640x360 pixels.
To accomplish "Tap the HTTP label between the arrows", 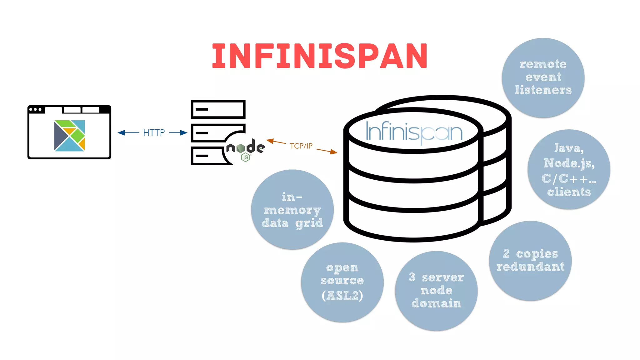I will [x=154, y=132].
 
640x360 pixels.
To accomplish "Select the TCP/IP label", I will [x=301, y=146].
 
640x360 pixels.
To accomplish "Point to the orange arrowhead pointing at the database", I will [x=334, y=152].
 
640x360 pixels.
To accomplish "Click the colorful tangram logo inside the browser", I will [x=69, y=136].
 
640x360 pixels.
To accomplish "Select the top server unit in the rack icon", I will [x=218, y=109].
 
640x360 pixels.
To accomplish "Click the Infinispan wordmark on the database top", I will [x=414, y=132].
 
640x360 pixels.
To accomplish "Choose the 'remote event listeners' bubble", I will [x=543, y=77].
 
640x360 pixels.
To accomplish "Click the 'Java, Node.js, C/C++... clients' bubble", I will [x=569, y=169].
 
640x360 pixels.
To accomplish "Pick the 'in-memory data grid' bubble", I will [x=292, y=209].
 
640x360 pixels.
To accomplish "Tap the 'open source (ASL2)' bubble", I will [x=342, y=282].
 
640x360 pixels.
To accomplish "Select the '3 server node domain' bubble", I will [x=436, y=291].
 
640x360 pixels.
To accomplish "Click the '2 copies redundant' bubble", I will [x=530, y=261].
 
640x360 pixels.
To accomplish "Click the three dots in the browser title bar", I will [x=35, y=109].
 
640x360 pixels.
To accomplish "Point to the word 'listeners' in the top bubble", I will [x=543, y=90].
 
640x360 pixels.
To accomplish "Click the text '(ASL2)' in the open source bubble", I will [x=342, y=296].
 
